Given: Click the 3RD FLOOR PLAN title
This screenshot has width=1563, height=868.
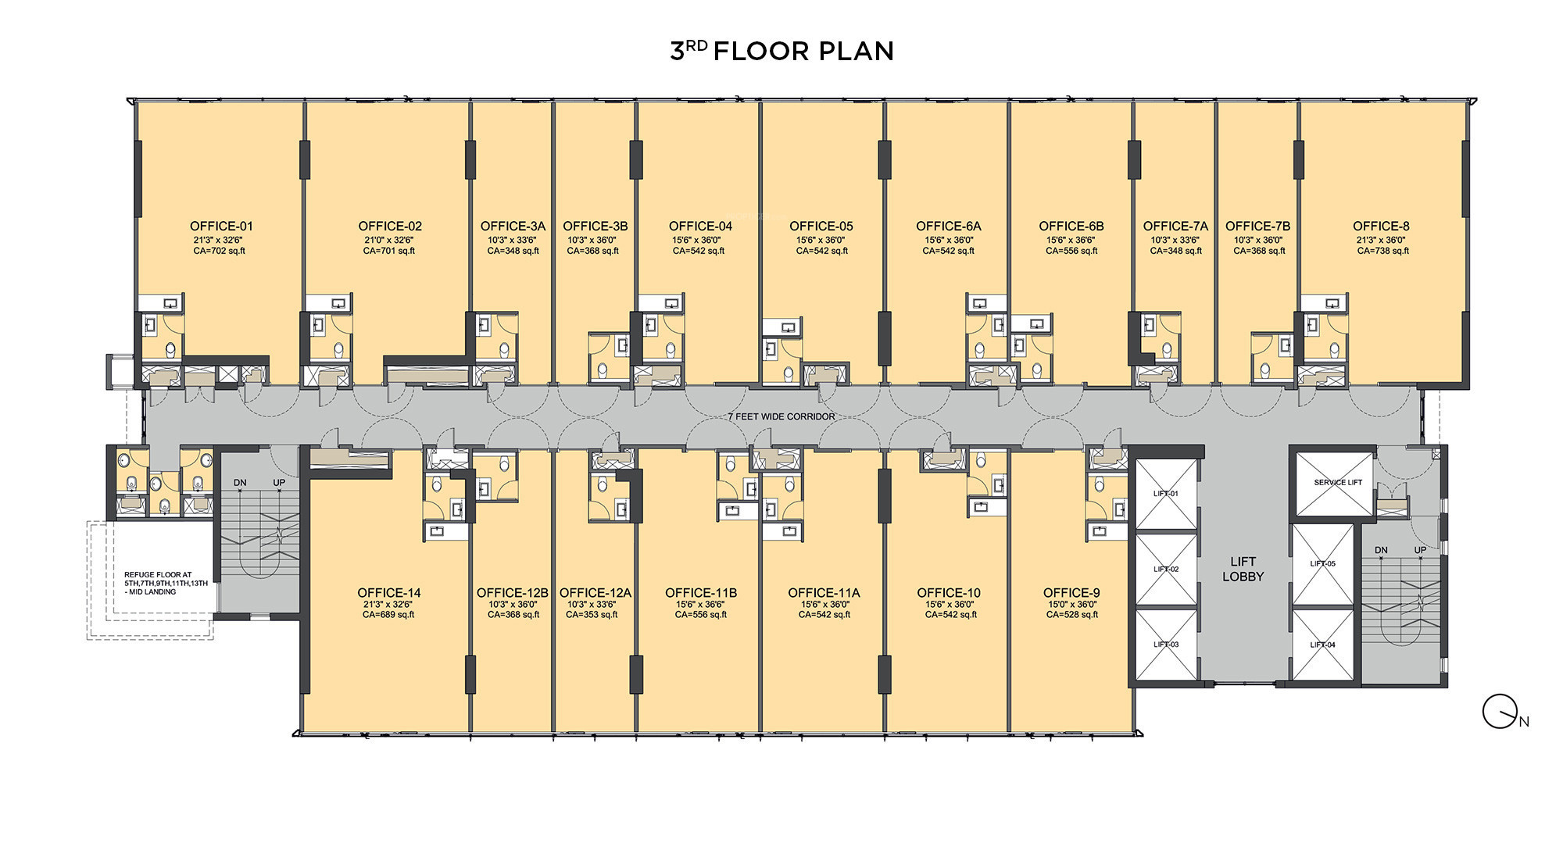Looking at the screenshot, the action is tap(781, 51).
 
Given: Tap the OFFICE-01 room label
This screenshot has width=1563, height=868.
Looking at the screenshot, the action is tap(221, 227).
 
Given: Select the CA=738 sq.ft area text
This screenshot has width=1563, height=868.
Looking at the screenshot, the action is tap(1382, 251).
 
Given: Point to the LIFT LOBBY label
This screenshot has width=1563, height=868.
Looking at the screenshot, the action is tap(1243, 569).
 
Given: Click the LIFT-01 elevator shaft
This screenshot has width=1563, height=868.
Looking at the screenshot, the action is tap(1166, 494).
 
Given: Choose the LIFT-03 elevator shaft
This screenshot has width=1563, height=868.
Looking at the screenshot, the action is tap(1166, 645).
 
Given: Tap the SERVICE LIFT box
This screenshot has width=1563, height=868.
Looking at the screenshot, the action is tap(1336, 483).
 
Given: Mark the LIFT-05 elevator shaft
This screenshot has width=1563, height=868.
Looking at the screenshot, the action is tap(1322, 564).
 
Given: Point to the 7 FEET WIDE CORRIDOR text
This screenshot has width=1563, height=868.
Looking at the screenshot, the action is tap(781, 416).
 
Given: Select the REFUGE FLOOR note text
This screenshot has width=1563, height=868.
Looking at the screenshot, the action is tap(166, 583).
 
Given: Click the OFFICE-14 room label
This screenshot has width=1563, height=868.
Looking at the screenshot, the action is tap(389, 593).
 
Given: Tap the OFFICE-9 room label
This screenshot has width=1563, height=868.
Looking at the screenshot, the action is tap(1071, 593).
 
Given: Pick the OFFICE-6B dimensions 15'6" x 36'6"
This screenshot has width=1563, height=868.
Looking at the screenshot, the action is tap(1071, 240).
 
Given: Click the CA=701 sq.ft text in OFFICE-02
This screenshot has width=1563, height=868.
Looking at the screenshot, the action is tap(389, 251).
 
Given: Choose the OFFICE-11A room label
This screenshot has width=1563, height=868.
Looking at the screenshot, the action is tap(824, 593).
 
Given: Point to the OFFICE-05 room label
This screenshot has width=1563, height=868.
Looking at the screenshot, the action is tap(821, 227).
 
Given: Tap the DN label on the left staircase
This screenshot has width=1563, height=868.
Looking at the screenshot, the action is tap(240, 483).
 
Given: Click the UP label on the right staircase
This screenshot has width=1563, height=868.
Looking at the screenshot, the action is tap(1420, 550).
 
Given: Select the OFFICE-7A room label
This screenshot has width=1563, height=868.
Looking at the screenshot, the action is tap(1175, 227).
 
